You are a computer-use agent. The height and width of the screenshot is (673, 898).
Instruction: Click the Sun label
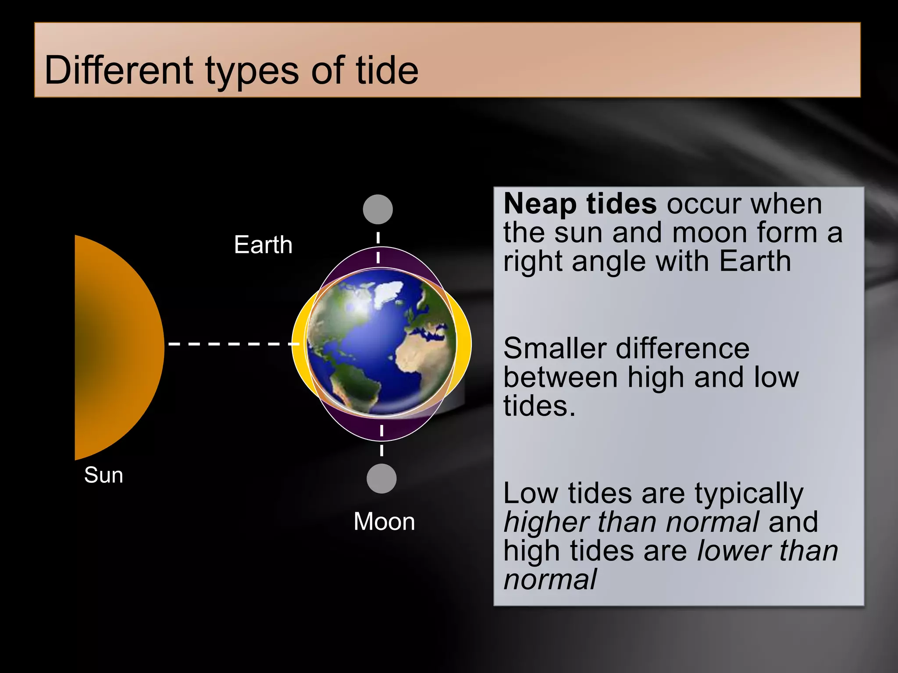[103, 475]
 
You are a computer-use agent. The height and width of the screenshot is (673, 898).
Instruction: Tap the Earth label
[263, 244]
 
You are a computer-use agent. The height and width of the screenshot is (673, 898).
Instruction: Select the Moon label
[384, 521]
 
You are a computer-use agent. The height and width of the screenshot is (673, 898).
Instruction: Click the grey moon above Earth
[378, 209]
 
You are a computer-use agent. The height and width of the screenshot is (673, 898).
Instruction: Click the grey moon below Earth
[381, 478]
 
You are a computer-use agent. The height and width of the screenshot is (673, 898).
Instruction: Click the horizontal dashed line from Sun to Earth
[232, 344]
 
